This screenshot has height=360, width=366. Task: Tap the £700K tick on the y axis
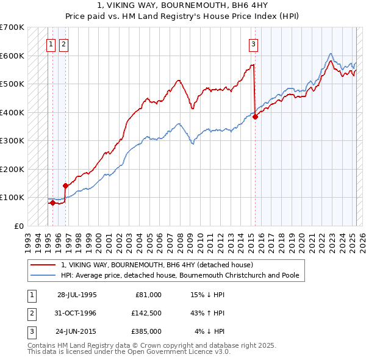coord(12,27)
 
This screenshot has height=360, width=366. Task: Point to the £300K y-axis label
coord(12,141)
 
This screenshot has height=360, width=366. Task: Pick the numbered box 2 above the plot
coord(63,43)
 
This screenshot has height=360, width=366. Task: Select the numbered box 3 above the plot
coord(253,43)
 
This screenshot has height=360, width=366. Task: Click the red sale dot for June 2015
coord(256,117)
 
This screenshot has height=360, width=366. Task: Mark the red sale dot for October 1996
coord(65,185)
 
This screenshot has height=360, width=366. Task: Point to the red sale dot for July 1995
coord(52,203)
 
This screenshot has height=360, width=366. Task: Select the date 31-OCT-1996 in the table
coord(76,313)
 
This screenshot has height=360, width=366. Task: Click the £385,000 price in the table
coord(147,331)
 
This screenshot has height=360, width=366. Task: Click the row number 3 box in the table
coord(31,331)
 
